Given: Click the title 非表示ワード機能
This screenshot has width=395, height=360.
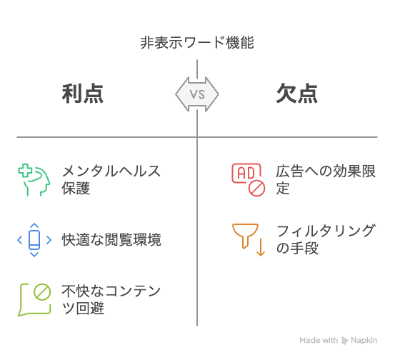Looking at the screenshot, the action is [197, 42].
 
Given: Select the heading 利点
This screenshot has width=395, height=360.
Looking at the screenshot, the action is [83, 94].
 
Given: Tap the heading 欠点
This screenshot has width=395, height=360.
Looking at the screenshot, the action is [297, 94].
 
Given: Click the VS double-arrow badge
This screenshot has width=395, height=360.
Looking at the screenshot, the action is [197, 94].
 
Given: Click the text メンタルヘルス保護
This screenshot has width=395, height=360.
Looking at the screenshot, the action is [111, 179].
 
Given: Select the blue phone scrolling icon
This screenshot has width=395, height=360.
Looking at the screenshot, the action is [34, 239].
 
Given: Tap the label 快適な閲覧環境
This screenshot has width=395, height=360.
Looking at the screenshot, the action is [111, 239].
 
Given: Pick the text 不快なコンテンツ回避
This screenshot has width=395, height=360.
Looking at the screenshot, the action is [111, 299].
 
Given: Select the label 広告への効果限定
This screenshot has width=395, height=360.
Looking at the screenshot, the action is [326, 179].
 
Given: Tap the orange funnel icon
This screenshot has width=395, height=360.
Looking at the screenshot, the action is [245, 236].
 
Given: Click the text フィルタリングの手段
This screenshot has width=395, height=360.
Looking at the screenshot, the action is [326, 239].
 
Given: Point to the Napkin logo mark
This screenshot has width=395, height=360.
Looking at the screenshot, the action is [344, 340].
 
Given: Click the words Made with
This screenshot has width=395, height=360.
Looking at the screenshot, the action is [319, 340].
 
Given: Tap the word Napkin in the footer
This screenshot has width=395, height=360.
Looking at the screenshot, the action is [364, 340].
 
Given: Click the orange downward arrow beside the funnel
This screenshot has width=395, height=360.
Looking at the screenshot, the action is [261, 247].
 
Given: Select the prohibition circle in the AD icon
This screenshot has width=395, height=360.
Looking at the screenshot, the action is [256, 188].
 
